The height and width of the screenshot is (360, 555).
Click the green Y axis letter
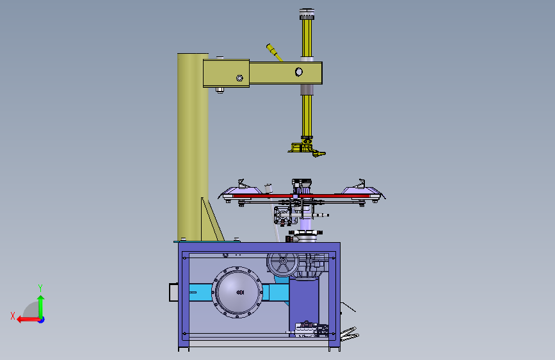[40, 288]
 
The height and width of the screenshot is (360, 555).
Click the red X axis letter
[13, 316]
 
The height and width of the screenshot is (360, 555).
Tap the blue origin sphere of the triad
[42, 320]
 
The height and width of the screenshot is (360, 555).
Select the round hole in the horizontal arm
[299, 72]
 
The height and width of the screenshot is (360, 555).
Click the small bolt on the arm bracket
[239, 78]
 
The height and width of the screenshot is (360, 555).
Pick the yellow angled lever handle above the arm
[275, 53]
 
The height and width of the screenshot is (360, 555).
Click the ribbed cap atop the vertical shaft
[307, 14]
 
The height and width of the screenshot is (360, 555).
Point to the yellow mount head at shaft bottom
[307, 147]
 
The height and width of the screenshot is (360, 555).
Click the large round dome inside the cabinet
[237, 292]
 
